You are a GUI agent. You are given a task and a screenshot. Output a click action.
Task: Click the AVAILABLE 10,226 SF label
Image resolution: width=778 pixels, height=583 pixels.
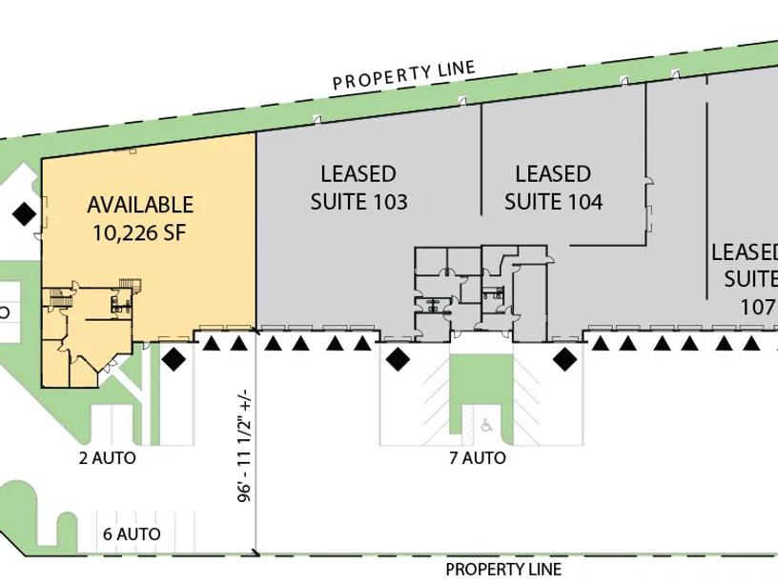point(140,219)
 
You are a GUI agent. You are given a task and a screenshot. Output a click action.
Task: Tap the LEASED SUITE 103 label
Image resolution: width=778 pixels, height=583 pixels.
point(358,188)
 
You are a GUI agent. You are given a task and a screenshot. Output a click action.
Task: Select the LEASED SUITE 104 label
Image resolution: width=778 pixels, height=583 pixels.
point(553,188)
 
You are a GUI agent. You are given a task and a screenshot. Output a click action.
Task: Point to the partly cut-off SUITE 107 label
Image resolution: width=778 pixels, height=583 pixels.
point(749,279)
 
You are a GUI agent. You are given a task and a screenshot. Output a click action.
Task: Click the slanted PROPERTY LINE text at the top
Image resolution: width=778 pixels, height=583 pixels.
point(404,75)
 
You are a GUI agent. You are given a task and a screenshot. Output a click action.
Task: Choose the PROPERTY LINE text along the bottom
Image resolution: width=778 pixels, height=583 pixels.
point(503,569)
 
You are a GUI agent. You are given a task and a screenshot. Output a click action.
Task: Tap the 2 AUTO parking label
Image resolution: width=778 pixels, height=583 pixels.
point(107,458)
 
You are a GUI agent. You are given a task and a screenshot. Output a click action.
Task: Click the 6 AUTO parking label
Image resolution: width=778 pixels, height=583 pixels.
point(132,533)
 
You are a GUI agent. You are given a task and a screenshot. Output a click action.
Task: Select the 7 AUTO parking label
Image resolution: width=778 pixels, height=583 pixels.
point(478,458)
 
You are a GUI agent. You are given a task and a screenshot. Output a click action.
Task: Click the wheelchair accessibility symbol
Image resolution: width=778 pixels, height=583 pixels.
point(486,425)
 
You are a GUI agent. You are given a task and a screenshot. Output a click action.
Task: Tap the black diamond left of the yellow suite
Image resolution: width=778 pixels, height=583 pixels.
point(24,214)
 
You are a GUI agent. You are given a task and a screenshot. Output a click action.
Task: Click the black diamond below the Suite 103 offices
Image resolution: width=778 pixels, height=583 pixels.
point(398,359)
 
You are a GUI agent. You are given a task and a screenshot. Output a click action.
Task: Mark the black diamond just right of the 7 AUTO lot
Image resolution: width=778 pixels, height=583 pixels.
point(564,359)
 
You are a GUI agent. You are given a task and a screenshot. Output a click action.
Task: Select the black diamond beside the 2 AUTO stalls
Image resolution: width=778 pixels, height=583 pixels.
point(174,359)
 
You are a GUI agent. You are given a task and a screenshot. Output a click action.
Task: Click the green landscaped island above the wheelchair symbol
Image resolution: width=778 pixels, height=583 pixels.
point(481,379)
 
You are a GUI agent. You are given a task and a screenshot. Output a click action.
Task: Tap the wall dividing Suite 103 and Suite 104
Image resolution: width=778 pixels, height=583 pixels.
point(481,159)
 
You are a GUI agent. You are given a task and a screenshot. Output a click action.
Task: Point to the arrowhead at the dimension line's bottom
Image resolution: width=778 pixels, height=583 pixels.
point(256,553)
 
